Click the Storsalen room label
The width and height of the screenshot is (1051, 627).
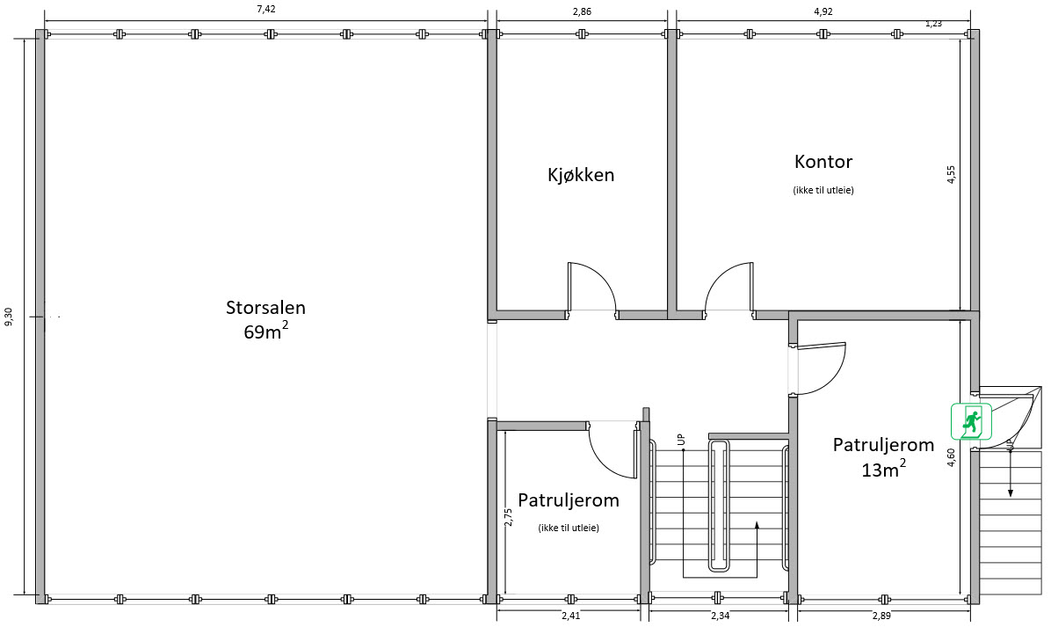[265, 308]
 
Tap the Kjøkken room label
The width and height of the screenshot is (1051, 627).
[581, 175]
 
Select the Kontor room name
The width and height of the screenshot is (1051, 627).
[823, 162]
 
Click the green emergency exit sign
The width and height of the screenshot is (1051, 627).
[971, 422]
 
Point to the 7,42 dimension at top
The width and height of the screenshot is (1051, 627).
[266, 10]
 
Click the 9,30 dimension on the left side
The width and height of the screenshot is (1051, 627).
[9, 317]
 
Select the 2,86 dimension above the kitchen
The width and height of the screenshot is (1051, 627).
[582, 11]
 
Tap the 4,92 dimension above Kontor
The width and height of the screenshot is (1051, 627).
[823, 11]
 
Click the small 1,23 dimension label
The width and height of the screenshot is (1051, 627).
[933, 24]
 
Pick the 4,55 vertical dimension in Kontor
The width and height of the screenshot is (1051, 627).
[951, 174]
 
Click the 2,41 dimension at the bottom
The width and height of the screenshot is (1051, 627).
[571, 616]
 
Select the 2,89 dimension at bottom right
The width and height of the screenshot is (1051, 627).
[881, 616]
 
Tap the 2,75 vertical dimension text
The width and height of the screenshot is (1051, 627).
[508, 516]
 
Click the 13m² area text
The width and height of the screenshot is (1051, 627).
[883, 469]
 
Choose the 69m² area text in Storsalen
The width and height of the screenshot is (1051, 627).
[267, 331]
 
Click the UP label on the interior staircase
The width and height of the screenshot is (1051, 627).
[681, 440]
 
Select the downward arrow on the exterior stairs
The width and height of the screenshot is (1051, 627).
[1010, 475]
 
